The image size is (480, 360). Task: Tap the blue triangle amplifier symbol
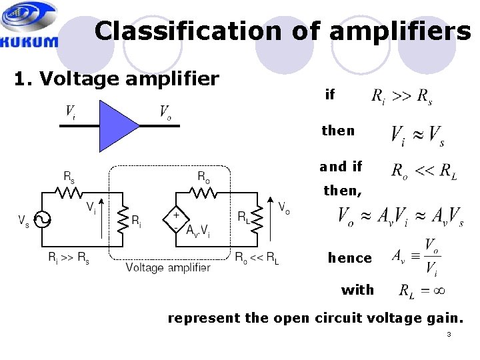tap(117, 125)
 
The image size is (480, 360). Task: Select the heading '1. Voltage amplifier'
tap(117, 79)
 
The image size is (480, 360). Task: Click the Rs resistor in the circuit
tap(69, 192)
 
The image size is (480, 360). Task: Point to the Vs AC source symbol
tap(42, 219)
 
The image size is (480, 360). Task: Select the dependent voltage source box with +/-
tap(176, 220)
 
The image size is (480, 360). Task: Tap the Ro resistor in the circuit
tap(203, 192)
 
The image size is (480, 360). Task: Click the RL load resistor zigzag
tap(256, 219)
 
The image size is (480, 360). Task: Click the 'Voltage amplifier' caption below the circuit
tap(168, 267)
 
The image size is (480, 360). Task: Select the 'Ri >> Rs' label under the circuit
tap(69, 259)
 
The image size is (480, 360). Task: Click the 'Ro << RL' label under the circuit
tap(257, 259)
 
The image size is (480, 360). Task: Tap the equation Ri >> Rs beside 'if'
tap(401, 97)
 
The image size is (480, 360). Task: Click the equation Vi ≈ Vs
tap(417, 135)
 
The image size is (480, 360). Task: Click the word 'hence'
tap(349, 258)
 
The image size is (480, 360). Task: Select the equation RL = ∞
tap(421, 290)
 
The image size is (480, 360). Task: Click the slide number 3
tap(449, 334)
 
